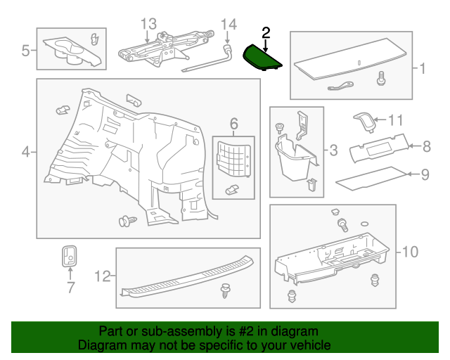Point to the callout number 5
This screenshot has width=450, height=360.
[x=25, y=50]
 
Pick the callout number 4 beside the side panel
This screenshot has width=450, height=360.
[x=25, y=151]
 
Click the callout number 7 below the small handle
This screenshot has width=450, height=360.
[x=70, y=287]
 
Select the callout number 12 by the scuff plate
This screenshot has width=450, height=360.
[x=103, y=277]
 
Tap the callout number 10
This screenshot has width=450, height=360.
[x=410, y=251]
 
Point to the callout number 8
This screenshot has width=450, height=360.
[x=427, y=146]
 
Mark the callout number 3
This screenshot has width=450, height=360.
[x=333, y=149]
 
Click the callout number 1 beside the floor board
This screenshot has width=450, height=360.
[x=423, y=69]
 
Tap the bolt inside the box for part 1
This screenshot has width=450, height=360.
[x=382, y=79]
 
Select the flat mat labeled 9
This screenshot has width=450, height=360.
[x=373, y=180]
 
